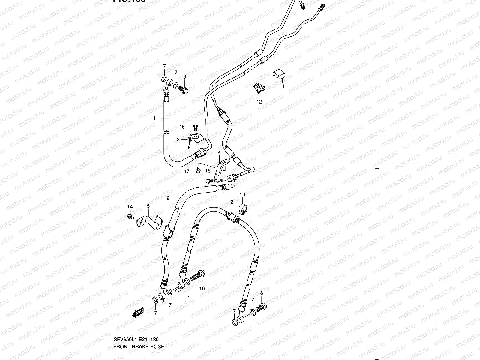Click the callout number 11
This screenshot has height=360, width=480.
coord(282,86)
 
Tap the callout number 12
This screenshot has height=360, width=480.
coord(259,102)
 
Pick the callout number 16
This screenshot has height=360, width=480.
coord(182,127)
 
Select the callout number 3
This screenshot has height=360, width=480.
coord(178,139)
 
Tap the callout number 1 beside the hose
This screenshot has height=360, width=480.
coord(154,118)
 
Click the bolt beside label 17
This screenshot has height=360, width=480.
coord(198,170)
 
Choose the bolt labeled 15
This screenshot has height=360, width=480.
coord(209,181)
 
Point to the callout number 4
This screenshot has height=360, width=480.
coord(219,152)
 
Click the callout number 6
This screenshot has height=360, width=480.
coord(168,198)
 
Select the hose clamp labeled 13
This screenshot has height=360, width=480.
coord(242,208)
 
